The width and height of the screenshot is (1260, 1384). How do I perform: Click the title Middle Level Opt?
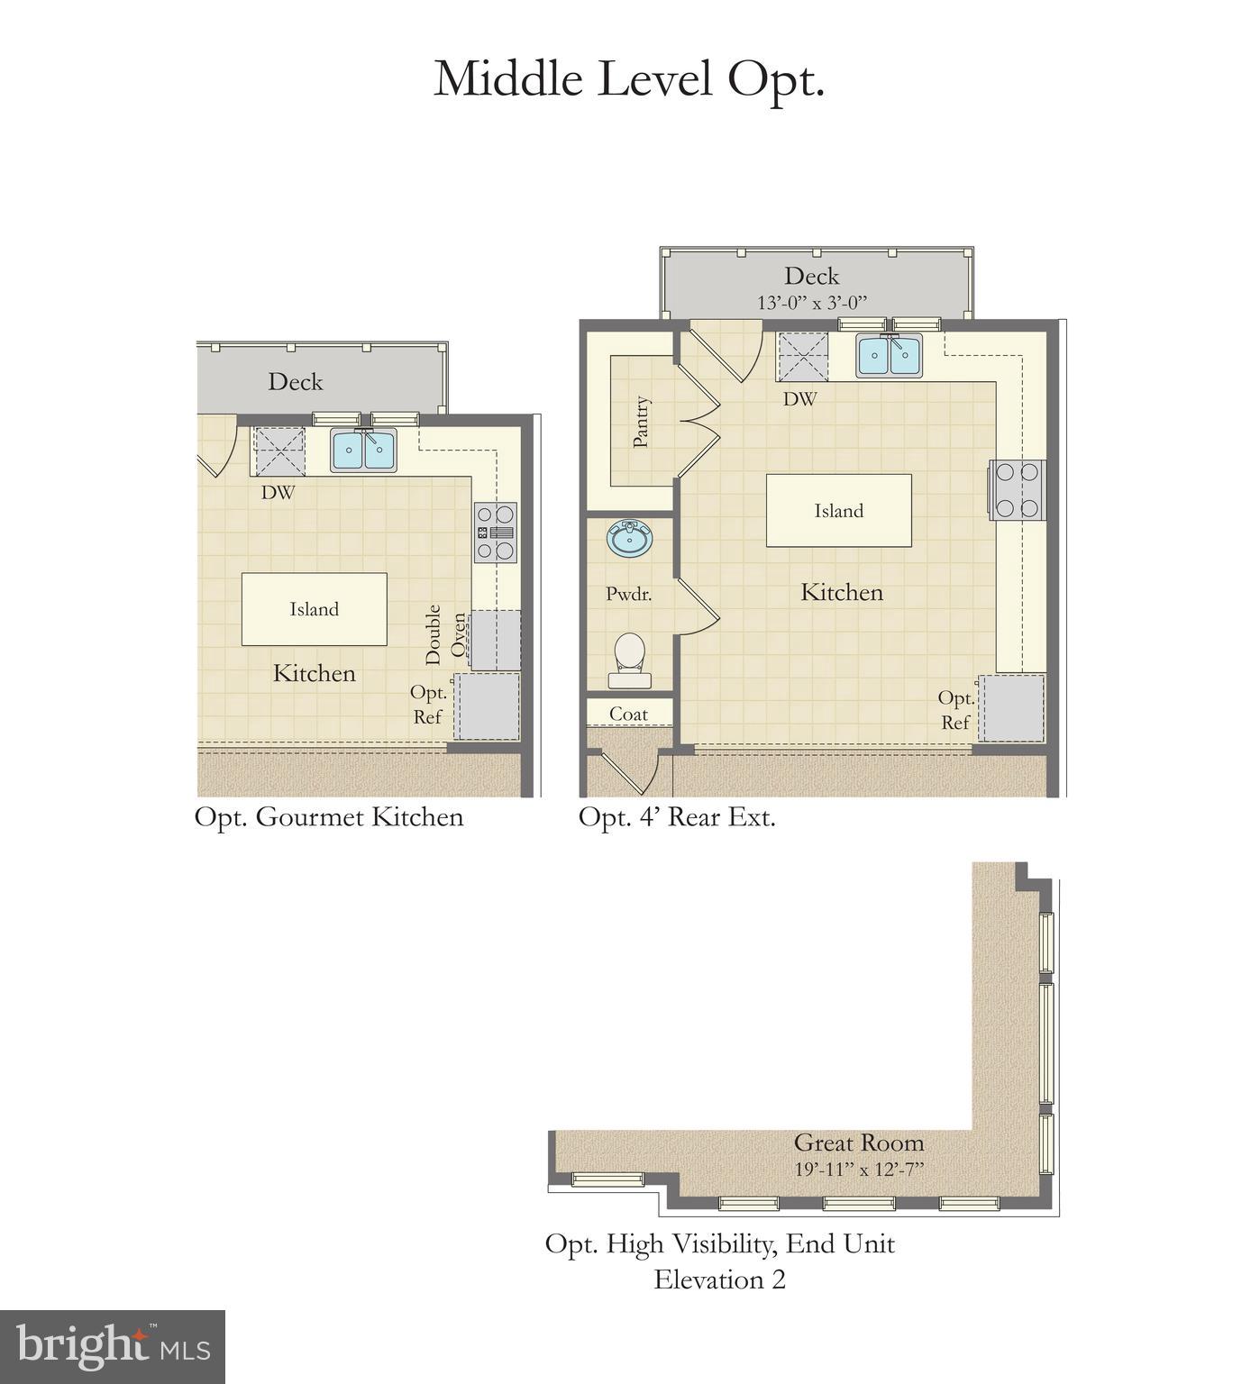pyautogui.click(x=629, y=79)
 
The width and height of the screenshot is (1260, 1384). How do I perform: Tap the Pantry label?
pyautogui.click(x=641, y=422)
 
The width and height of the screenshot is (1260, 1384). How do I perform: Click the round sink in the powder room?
pyautogui.click(x=630, y=540)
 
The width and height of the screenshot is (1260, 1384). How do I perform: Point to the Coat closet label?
pyautogui.click(x=628, y=714)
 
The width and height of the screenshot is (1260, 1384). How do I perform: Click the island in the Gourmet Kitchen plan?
pyautogui.click(x=314, y=609)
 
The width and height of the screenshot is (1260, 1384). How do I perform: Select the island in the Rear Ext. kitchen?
pyautogui.click(x=838, y=511)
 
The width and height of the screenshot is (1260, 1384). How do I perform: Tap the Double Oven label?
pyautogui.click(x=446, y=634)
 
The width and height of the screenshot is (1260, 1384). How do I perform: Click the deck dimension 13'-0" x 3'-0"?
pyautogui.click(x=811, y=303)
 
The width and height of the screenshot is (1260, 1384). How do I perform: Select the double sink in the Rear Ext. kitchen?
pyautogui.click(x=890, y=355)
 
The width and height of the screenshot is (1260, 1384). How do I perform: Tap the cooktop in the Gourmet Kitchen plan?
pyautogui.click(x=496, y=533)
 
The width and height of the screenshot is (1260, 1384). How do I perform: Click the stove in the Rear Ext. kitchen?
pyautogui.click(x=1018, y=489)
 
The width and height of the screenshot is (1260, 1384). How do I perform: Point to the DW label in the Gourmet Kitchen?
pyautogui.click(x=278, y=493)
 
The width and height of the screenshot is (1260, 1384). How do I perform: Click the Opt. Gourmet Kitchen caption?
pyautogui.click(x=329, y=817)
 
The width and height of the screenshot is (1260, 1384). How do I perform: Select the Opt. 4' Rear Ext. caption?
pyautogui.click(x=677, y=817)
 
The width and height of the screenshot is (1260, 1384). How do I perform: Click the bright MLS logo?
pyautogui.click(x=113, y=1346)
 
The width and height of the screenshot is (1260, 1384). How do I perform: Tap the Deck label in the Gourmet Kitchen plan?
pyautogui.click(x=295, y=382)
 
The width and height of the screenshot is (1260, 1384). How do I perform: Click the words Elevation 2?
pyautogui.click(x=719, y=1279)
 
